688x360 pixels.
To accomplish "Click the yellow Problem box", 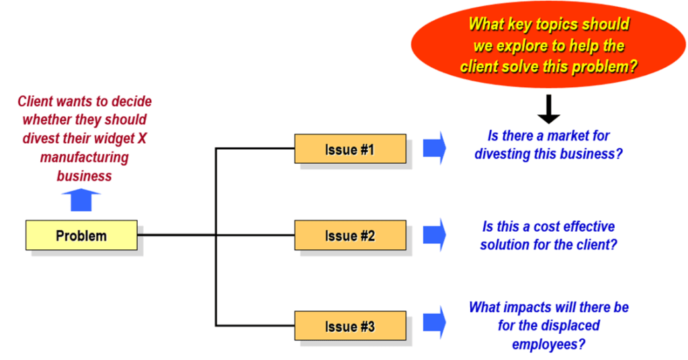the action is coord(81,236).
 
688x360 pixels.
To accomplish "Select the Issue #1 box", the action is coord(350,149).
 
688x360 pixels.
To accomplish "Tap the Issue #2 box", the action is coord(350,236).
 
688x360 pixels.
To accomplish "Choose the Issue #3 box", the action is coord(350,326).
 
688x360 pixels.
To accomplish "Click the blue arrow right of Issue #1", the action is coord(435,148).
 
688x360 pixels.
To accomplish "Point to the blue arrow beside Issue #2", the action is coord(435,234).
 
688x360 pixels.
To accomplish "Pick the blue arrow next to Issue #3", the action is coord(435,322).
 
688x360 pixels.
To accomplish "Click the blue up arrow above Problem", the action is coord(81,200).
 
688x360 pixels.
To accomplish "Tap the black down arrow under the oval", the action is coord(548,109).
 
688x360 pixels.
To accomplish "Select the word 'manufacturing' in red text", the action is coord(84,157).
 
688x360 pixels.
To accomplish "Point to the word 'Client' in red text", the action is coord(36,101).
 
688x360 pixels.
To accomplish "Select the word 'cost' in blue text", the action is coord(546,226).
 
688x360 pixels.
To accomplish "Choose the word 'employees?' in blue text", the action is coord(548,344).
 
